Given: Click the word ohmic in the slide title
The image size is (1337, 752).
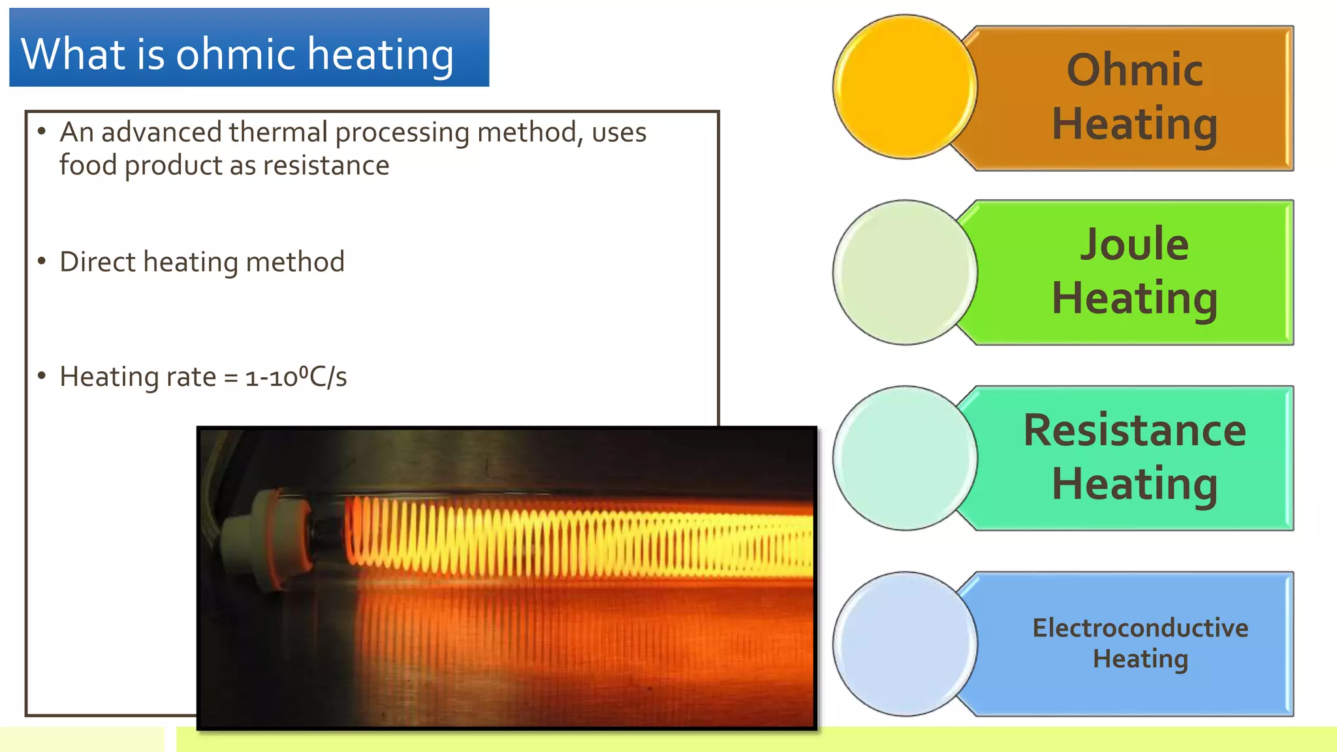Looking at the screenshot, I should [x=234, y=54].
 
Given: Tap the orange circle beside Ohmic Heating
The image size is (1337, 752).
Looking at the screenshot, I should [x=905, y=87].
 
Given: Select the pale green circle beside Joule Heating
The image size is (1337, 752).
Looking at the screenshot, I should [x=905, y=272].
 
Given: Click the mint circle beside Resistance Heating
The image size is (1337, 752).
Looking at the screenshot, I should [x=905, y=458].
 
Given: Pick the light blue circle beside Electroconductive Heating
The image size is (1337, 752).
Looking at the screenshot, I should [x=905, y=644].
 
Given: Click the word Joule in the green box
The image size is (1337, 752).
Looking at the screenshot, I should [x=1135, y=244].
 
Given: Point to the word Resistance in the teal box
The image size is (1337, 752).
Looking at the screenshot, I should [x=1135, y=430].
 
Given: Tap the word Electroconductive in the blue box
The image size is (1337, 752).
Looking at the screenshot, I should [x=1140, y=628].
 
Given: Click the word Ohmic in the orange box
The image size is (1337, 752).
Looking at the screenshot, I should [x=1135, y=70].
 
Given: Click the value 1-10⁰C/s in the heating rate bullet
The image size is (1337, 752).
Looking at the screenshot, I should [x=296, y=377].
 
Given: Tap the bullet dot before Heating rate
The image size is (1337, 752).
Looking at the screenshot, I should [x=42, y=375].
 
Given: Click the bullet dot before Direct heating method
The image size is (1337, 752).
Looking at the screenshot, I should [x=42, y=261].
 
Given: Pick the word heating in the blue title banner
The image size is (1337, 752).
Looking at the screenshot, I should [x=381, y=54].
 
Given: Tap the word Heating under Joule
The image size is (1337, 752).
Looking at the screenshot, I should [x=1135, y=298].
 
